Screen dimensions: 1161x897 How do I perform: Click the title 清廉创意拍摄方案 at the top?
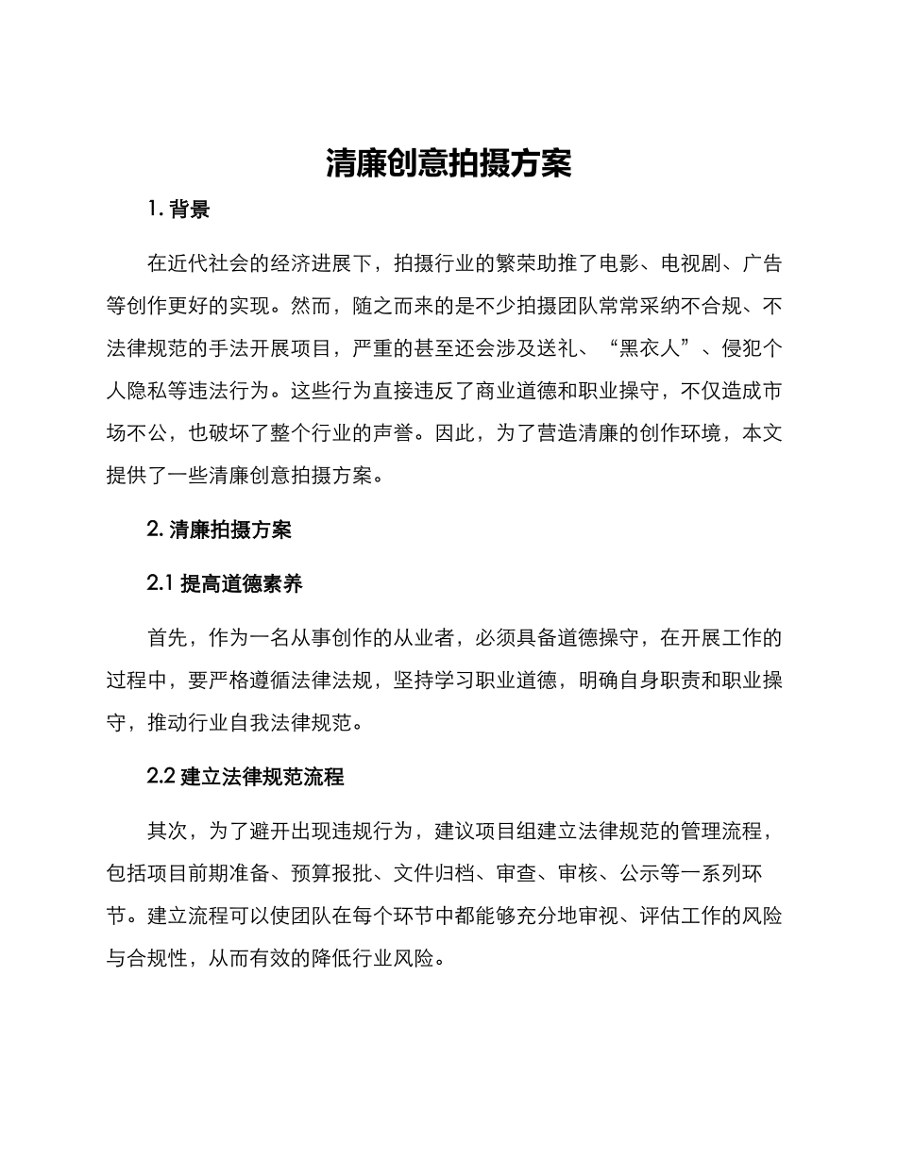pyautogui.click(x=448, y=163)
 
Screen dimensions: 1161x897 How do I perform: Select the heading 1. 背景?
pyautogui.click(x=178, y=210)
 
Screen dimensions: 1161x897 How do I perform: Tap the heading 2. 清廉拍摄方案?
pyautogui.click(x=219, y=530)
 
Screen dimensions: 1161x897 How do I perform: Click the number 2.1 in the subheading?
pyautogui.click(x=161, y=583)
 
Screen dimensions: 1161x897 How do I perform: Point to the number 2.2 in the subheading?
pyautogui.click(x=161, y=776)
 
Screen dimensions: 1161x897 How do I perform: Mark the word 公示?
pyautogui.click(x=639, y=873)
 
